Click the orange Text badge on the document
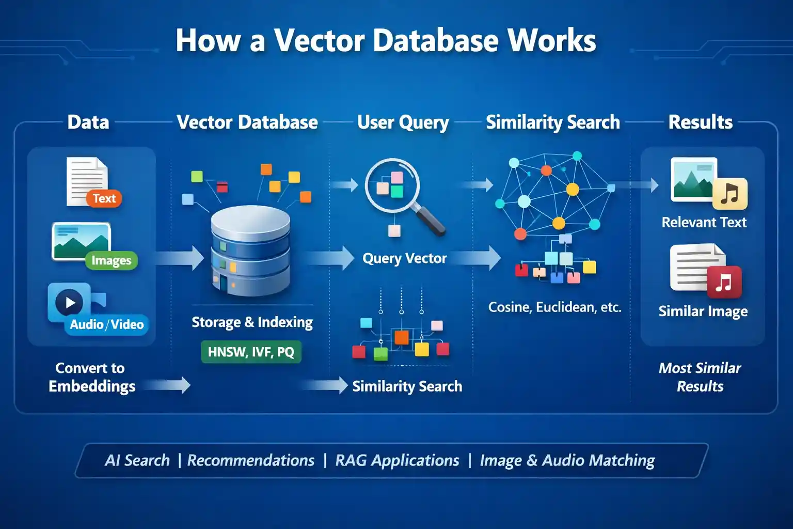coord(104,198)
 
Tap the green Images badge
coord(111,260)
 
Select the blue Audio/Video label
coord(107,324)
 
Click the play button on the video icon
coord(70,303)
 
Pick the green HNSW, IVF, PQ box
coord(251,352)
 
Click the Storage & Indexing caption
coord(252,322)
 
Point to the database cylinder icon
coord(250,251)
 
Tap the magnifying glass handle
coord(430,220)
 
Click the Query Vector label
coord(404,258)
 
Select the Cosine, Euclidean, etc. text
coord(554,307)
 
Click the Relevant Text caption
coord(704,222)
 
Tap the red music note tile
coord(724,282)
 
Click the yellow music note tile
coord(729,194)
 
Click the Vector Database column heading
coord(247,122)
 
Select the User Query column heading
coord(403,122)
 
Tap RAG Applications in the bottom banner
coord(397,460)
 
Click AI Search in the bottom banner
coord(137,460)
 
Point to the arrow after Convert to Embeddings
coord(170,385)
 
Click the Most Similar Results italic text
coord(700,377)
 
